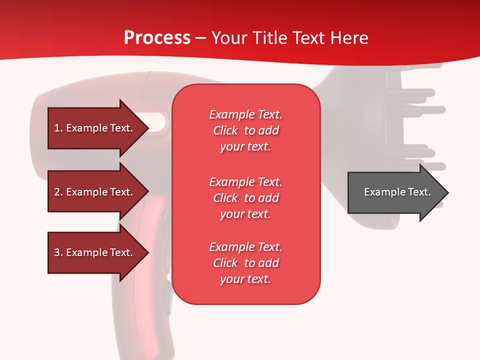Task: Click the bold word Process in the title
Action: click(x=157, y=38)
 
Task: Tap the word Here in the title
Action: click(x=349, y=38)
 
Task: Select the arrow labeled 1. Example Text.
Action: click(x=95, y=128)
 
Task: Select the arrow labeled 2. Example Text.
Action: click(x=95, y=192)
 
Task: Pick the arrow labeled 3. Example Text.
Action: click(x=95, y=252)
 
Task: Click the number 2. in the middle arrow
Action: click(x=58, y=192)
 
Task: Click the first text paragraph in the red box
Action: click(x=245, y=130)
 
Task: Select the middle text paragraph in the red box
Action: click(x=245, y=198)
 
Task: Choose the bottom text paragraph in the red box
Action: click(x=245, y=263)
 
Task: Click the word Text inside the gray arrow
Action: click(x=419, y=192)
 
